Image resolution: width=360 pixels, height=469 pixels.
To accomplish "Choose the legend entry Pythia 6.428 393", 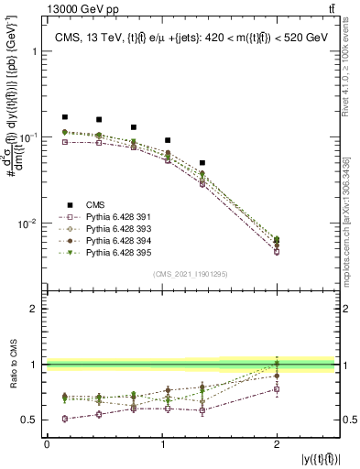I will tap(114, 229).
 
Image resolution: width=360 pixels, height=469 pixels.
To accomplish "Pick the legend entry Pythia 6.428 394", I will tap(114, 240).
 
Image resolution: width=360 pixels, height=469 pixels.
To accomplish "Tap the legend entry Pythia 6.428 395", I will tap(114, 252).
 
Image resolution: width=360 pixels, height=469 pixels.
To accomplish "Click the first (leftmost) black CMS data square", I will tap(64, 117).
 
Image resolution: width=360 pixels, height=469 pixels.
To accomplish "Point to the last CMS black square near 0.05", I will tap(202, 163).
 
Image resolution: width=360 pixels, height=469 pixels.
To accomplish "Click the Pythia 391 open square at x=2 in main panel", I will tap(277, 251).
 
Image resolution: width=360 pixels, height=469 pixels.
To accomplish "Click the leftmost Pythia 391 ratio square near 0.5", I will tap(64, 419).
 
